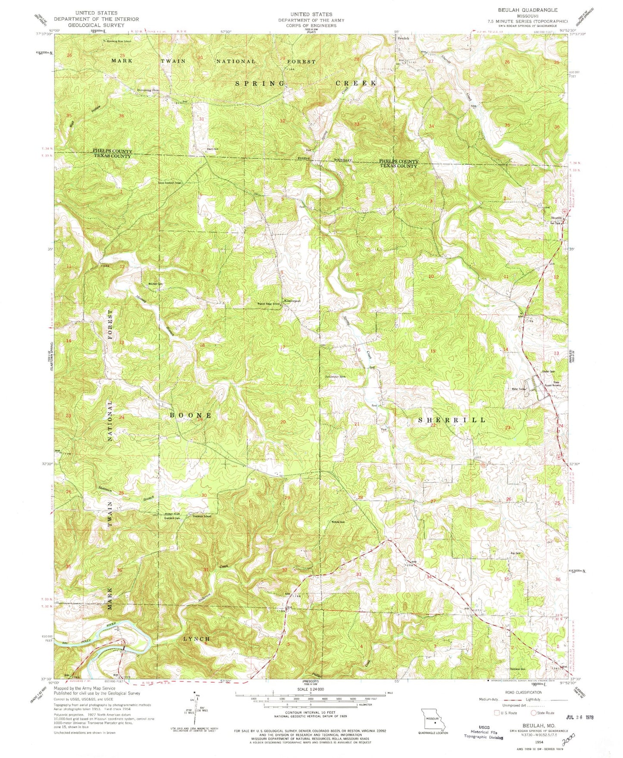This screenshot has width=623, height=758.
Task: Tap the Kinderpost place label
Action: [291, 300]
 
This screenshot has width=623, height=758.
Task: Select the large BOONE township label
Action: [190, 415]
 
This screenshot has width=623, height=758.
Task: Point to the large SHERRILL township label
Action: [452, 419]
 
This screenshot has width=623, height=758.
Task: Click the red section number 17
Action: [282, 347]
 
